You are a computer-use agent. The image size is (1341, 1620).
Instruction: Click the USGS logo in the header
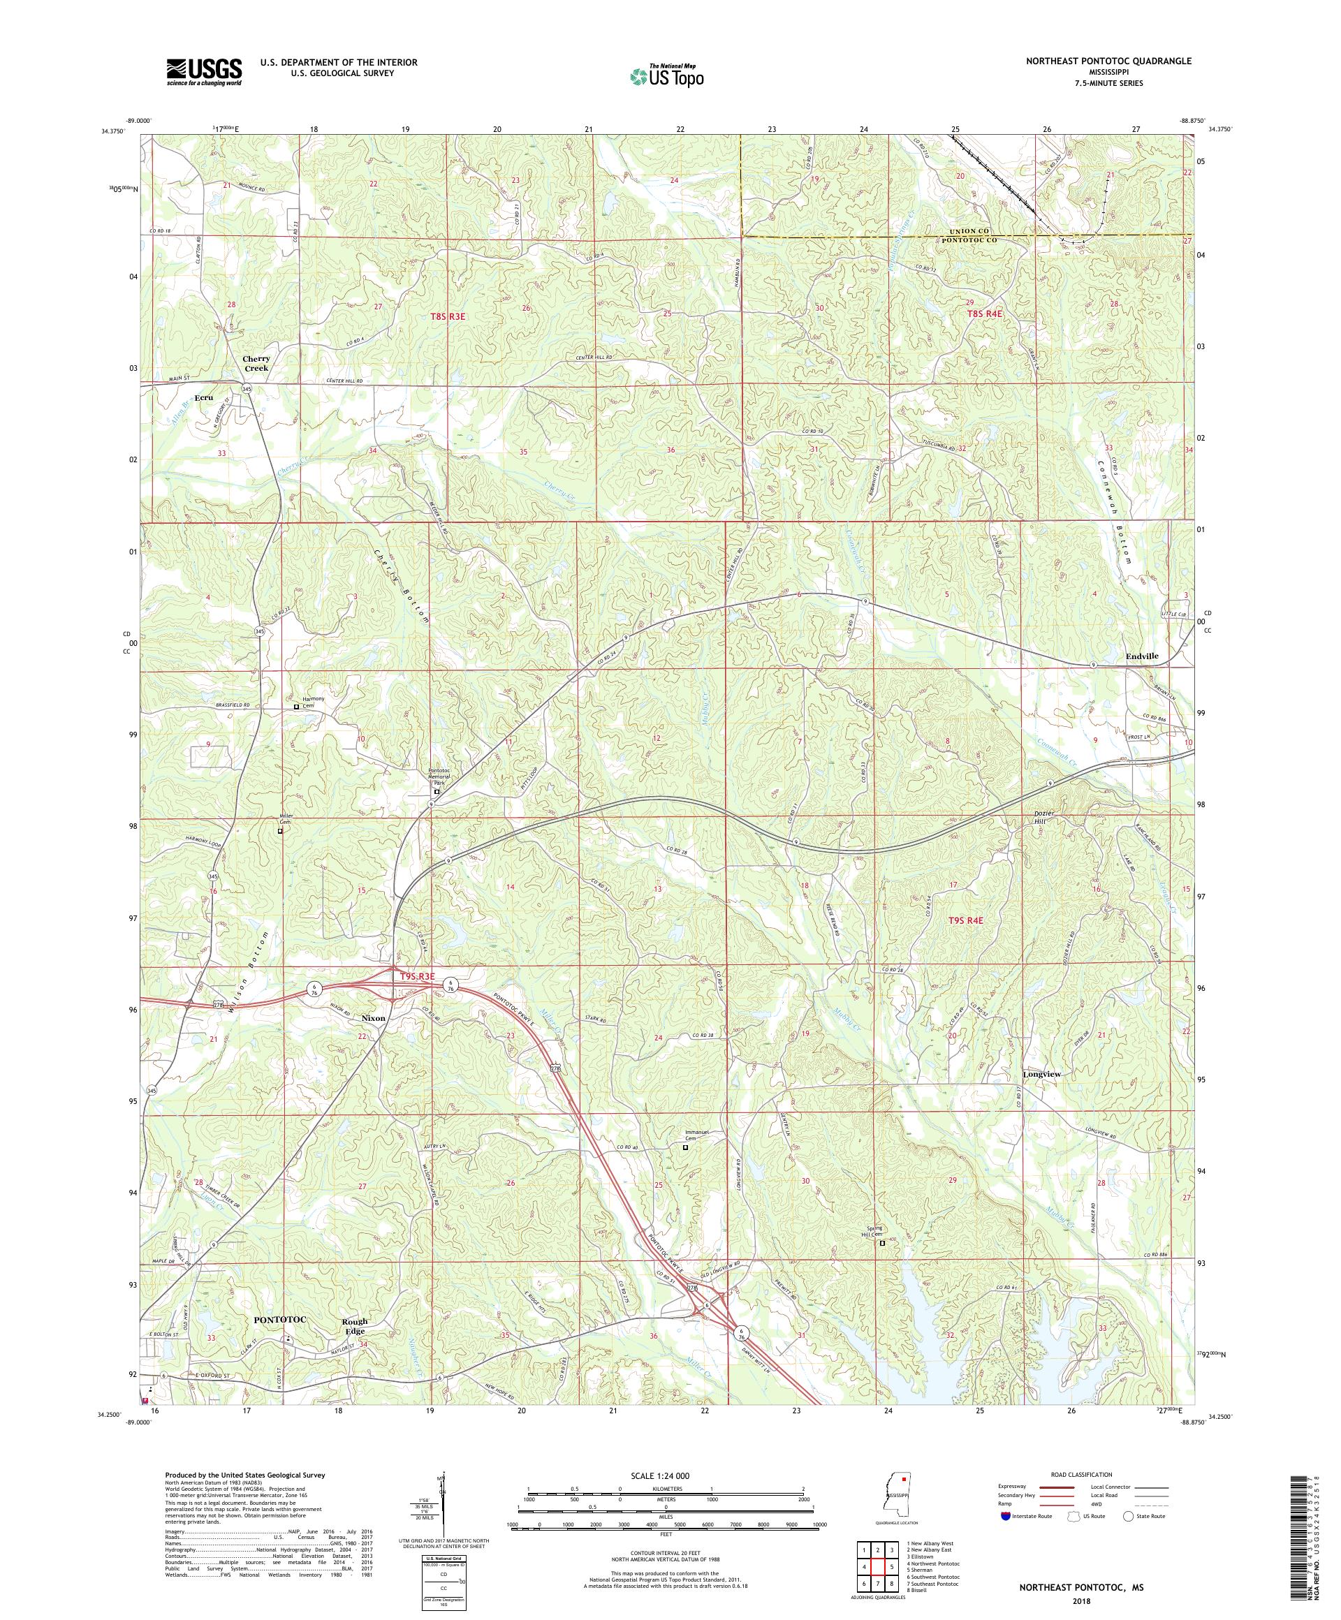[204, 73]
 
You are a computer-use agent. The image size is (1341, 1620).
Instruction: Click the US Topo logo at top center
[668, 75]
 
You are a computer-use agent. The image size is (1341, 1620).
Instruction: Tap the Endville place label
[1136, 656]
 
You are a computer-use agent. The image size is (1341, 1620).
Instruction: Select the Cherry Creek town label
[256, 363]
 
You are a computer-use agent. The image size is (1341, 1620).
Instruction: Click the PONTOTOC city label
[280, 1320]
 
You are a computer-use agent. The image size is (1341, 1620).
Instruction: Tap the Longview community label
[1041, 1074]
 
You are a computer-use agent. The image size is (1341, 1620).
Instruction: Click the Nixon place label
[374, 1018]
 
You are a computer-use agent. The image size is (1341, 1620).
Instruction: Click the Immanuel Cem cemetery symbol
[685, 1148]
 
